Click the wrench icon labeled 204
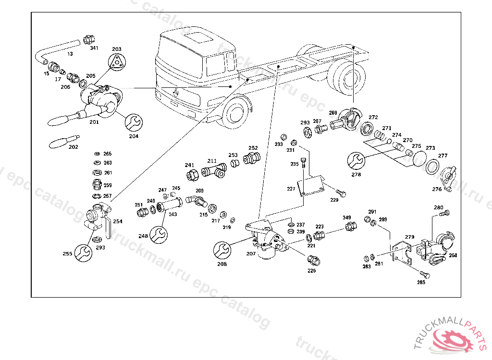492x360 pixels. pyautogui.click(x=133, y=122)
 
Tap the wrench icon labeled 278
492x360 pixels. pyautogui.click(x=356, y=161)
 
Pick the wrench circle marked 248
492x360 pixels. pyautogui.click(x=158, y=234)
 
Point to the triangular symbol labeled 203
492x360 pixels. pyautogui.click(x=117, y=62)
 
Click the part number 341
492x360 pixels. pyautogui.click(x=94, y=48)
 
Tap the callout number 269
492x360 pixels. pyautogui.click(x=333, y=113)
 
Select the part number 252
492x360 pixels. pyautogui.click(x=253, y=148)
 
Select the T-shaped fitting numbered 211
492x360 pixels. pyautogui.click(x=214, y=170)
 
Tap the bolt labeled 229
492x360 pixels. pyautogui.click(x=341, y=192)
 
